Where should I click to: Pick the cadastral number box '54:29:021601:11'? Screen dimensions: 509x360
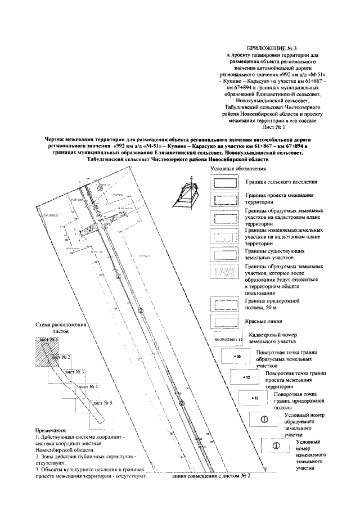[228, 340]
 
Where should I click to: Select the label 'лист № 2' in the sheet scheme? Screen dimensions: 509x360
[61, 357]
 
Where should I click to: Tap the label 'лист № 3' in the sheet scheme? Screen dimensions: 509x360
[74, 372]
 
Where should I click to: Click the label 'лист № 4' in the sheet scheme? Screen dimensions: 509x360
[88, 388]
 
